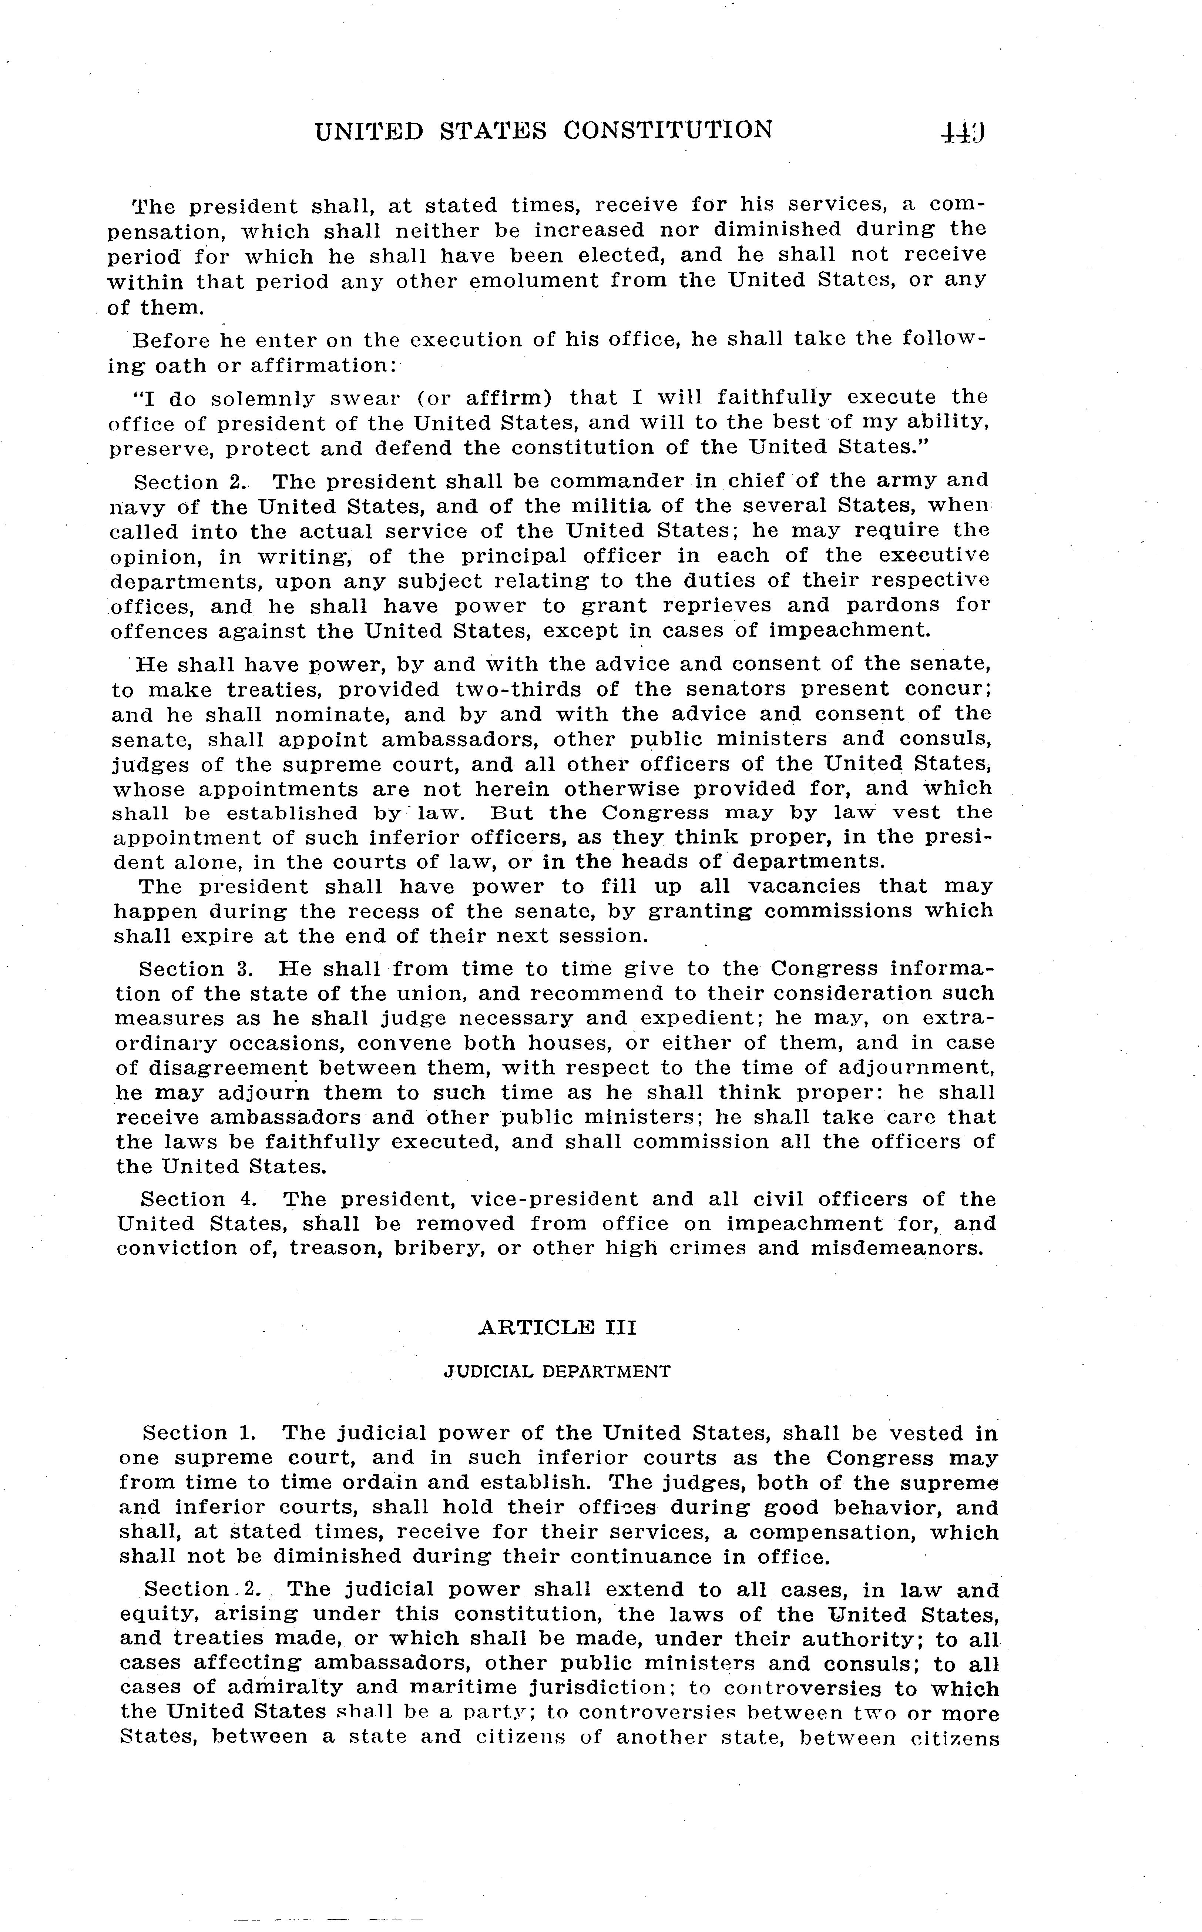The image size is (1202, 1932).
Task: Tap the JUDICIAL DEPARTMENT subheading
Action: (x=557, y=1372)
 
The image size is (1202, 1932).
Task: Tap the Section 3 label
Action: (x=195, y=969)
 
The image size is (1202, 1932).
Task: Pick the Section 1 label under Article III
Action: (x=199, y=1433)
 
